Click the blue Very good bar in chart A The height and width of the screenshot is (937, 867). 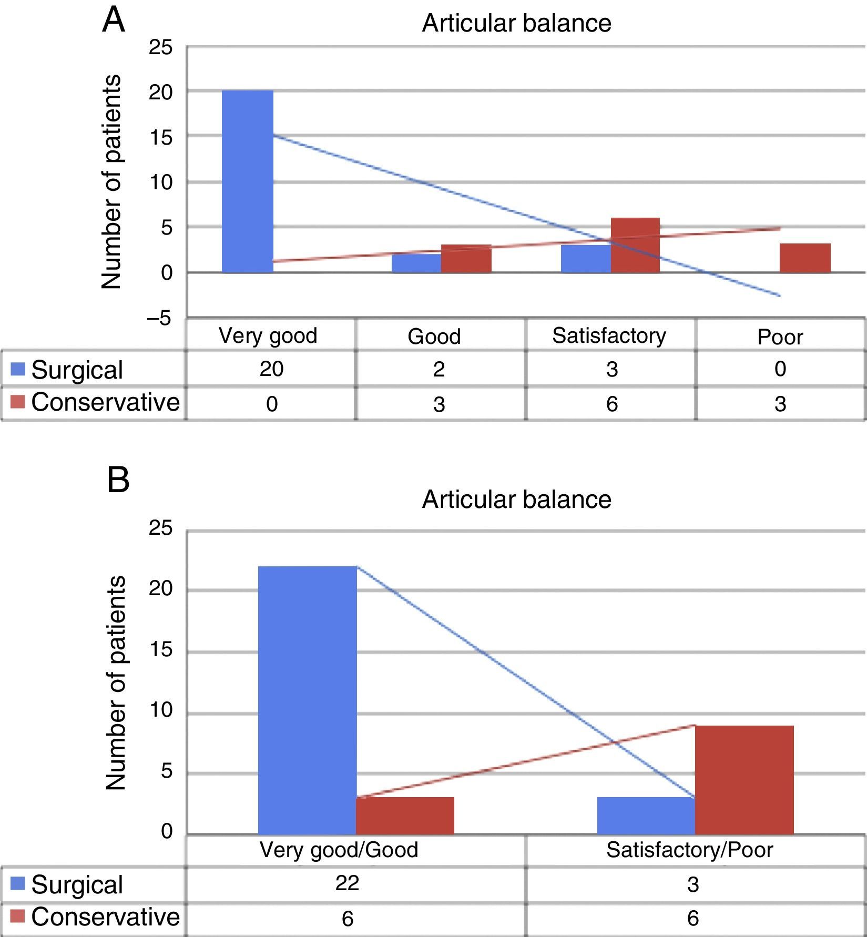248,181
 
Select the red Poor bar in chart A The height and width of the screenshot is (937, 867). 805,258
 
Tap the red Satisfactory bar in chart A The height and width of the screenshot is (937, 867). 635,246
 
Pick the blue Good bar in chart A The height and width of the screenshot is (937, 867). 416,263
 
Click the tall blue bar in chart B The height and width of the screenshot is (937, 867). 308,700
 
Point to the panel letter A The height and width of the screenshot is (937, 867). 114,21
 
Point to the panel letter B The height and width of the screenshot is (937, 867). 118,480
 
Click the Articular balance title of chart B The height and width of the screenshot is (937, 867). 516,500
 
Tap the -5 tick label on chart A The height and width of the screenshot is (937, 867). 159,318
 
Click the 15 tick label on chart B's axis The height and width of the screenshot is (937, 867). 160,650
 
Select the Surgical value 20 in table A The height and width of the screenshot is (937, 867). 271,369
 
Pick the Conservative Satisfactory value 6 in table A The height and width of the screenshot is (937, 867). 611,404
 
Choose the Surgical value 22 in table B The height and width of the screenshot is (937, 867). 347,883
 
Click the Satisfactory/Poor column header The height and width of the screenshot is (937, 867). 689,850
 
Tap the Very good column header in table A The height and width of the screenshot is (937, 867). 268,335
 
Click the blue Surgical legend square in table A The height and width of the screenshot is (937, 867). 18,370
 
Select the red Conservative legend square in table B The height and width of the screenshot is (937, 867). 18,917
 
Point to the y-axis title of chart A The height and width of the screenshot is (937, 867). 111,181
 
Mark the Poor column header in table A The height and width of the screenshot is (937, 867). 780,337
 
